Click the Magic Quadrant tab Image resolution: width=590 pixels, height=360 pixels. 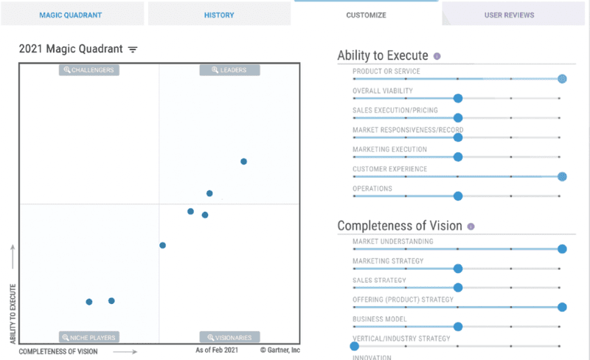[72, 15]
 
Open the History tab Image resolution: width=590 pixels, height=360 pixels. [219, 15]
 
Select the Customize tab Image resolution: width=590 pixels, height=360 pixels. [366, 15]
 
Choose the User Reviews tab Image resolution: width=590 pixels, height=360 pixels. [509, 15]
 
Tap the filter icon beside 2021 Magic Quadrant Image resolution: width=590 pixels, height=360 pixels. [133, 49]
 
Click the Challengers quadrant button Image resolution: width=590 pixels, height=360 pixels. [90, 70]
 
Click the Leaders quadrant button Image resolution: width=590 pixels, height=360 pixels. [229, 70]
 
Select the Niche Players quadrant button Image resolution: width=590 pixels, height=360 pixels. [90, 338]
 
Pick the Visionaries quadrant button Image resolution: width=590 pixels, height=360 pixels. [229, 338]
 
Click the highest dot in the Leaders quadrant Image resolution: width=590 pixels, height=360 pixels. [243, 162]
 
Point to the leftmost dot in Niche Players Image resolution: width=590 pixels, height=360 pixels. [89, 302]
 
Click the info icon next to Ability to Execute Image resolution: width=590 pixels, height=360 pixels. [437, 56]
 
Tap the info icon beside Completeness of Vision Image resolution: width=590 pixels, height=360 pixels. [471, 226]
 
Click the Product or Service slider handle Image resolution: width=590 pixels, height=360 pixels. [562, 78]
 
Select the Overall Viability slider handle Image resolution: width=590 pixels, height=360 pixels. [457, 98]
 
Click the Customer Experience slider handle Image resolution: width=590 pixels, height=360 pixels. [562, 176]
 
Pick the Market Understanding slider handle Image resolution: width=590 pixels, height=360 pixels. [562, 249]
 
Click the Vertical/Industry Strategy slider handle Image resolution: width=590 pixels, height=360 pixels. [354, 346]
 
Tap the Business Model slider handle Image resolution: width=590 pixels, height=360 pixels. [457, 327]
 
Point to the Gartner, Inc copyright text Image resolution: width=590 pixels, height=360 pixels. [280, 350]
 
